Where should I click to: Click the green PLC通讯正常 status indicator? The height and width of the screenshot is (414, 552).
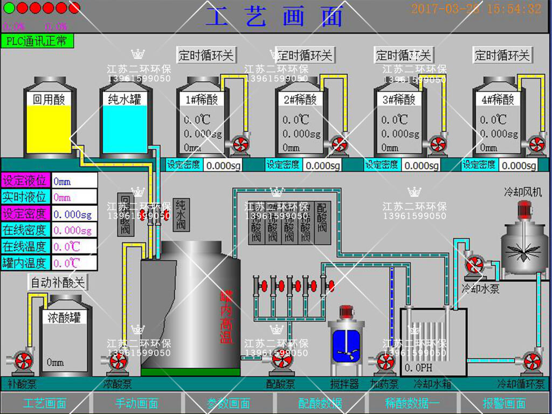coord(37,41)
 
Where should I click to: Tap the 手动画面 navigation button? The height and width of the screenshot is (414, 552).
coord(137,403)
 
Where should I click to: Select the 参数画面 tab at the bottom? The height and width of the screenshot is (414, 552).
coord(229,403)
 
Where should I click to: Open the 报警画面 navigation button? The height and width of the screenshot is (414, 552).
coord(504,403)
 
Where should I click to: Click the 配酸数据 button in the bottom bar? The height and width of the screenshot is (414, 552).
coord(320,403)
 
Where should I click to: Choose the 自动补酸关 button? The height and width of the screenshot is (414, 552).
coord(57,282)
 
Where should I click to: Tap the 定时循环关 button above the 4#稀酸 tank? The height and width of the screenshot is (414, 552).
coord(502,55)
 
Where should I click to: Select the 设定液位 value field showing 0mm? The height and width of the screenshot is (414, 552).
coord(74,182)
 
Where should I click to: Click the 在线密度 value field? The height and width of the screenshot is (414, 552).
coord(74,231)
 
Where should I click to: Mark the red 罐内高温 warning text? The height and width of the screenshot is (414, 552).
coord(226,317)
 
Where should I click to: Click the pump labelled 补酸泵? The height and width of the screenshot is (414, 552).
coord(23,360)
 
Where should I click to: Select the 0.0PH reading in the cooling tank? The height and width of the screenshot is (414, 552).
coord(416,368)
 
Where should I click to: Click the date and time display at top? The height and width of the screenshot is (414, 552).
coord(476,9)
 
